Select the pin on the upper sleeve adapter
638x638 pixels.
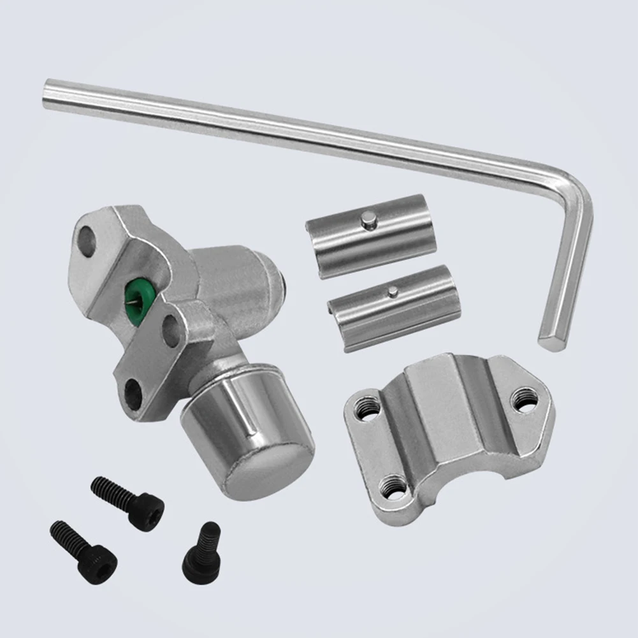point(368,220)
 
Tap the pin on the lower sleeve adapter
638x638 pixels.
point(393,292)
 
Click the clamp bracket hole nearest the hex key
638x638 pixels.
point(524,400)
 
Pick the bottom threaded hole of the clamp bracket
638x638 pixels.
point(393,488)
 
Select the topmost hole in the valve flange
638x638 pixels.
point(87,240)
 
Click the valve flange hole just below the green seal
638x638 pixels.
point(171,330)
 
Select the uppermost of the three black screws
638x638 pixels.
point(127,502)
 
